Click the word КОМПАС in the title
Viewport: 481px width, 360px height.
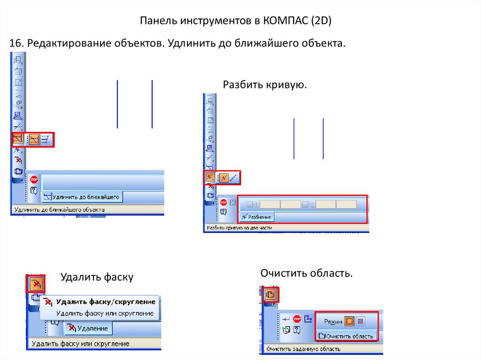click(285, 20)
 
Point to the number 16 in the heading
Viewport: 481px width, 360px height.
click(16, 43)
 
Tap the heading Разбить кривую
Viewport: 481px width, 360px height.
click(265, 84)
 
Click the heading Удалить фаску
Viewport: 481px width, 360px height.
click(97, 277)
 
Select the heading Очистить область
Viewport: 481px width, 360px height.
click(306, 273)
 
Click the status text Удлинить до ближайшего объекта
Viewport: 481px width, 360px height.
click(60, 210)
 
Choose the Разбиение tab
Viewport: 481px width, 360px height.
click(257, 217)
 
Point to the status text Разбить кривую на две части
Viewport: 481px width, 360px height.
click(239, 228)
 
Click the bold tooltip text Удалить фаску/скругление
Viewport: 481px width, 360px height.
click(106, 302)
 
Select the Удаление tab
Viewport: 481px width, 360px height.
click(89, 329)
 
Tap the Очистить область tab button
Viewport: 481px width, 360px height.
click(346, 336)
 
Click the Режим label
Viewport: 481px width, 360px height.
click(333, 322)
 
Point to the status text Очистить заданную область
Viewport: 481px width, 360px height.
click(303, 349)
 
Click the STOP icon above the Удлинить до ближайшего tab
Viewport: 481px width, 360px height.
click(34, 179)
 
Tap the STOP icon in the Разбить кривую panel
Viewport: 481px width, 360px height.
click(223, 203)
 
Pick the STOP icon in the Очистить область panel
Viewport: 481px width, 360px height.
click(297, 319)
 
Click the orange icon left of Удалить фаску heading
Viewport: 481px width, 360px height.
click(36, 283)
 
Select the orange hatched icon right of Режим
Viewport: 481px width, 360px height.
click(349, 321)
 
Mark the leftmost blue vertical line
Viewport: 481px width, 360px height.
click(117, 104)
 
